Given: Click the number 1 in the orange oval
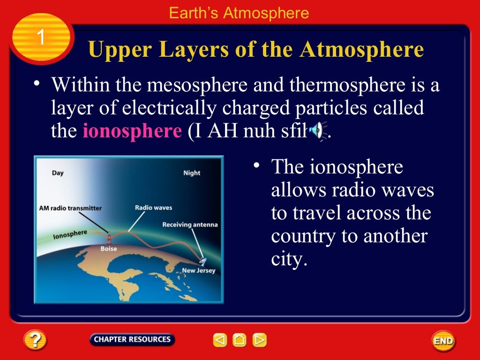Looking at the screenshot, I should coord(41,37).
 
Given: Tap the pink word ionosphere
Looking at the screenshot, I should coord(132,131).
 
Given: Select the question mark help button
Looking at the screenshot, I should coord(36,340).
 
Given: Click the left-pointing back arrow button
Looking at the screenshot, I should coord(220,340).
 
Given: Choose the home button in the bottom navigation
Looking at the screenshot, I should coord(240,340).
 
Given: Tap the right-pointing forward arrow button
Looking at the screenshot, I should coord(259,340).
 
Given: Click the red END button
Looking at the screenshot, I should coord(443,341).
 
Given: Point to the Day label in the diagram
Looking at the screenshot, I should coord(58,173).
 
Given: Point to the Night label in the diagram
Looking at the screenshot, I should coord(192,173).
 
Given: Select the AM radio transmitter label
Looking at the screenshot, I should coord(70,208).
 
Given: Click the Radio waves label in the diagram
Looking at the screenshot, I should coord(153,208).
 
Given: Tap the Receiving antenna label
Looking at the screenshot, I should coord(190,225).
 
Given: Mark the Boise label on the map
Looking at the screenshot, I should coord(109,249).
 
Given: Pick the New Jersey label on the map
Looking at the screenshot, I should coord(198,271).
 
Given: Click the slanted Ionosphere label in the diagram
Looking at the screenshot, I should coord(70,234).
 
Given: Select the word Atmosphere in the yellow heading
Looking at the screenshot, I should coord(362,49).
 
